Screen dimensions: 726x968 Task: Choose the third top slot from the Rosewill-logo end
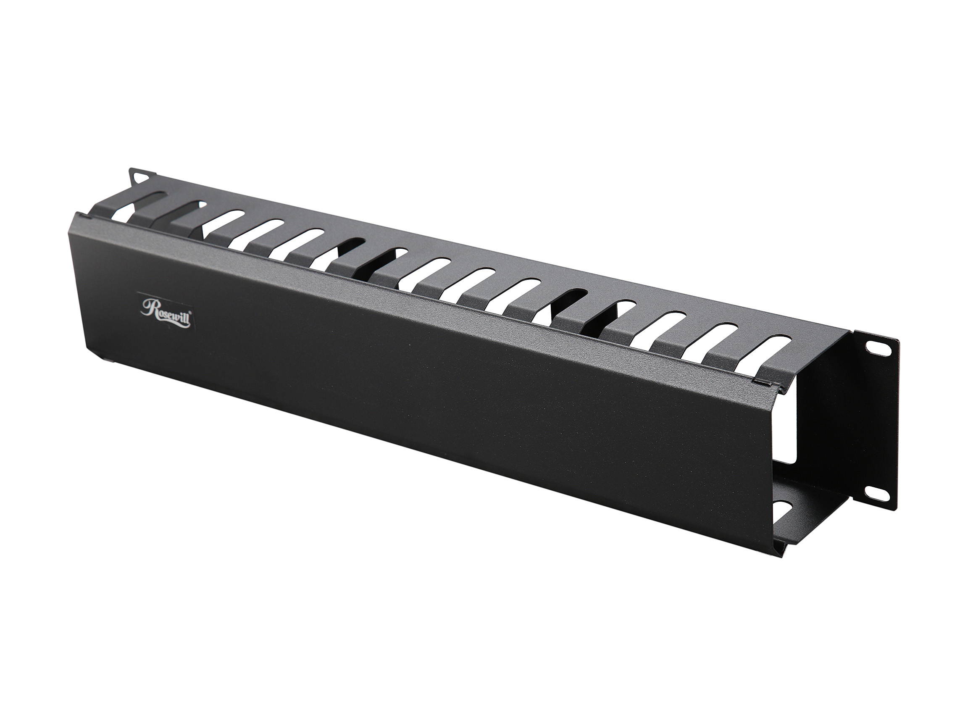(222, 224)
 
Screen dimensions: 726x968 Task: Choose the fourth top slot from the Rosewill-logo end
(261, 233)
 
